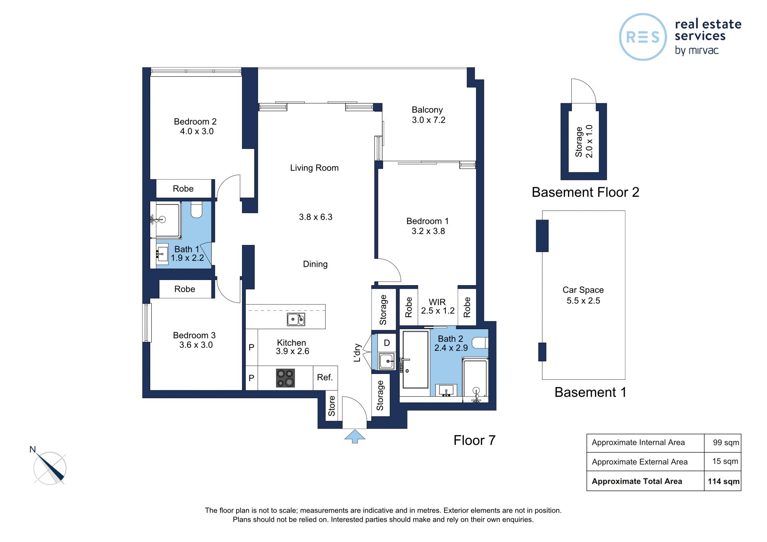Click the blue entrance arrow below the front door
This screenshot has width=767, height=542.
355,436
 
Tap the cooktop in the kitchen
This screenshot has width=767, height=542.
286,378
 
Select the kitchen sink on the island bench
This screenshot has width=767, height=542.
296,319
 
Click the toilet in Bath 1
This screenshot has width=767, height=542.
197,210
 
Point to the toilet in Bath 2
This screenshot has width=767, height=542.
480,343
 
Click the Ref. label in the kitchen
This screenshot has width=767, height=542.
325,377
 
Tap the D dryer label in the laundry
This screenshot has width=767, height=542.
387,343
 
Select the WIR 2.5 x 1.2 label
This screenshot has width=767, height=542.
438,306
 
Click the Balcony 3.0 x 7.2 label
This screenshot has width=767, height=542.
428,115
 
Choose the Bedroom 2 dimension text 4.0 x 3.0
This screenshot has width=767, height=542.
197,131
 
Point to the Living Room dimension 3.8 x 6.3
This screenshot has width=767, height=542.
316,217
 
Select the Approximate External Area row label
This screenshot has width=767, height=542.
640,462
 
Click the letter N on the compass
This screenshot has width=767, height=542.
33,449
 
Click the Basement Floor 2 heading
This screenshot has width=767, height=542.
585,193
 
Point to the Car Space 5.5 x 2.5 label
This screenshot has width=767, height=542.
583,295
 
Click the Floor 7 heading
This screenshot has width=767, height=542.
474,440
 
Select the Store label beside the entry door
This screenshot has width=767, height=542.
332,406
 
